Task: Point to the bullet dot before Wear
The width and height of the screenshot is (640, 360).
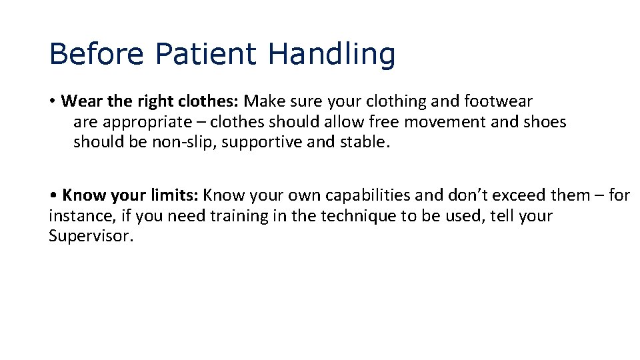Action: click(52, 102)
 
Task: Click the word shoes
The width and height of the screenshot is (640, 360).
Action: click(545, 122)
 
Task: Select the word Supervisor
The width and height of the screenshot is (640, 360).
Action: click(91, 236)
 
